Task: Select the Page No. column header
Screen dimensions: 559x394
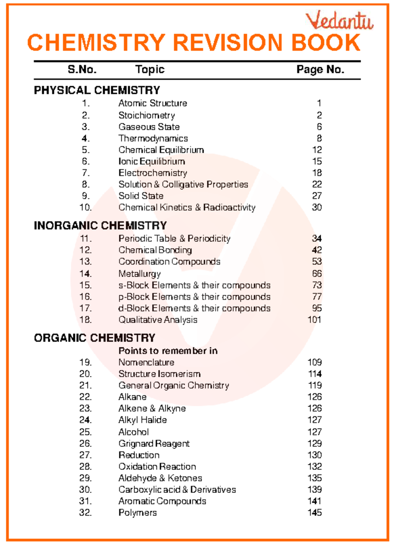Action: pos(320,70)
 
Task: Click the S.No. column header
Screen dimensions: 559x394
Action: pos(82,70)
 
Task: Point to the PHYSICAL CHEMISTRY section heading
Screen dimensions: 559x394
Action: pos(97,90)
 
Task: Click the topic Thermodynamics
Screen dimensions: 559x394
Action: pos(153,139)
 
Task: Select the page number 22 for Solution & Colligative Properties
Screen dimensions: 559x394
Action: pos(317,184)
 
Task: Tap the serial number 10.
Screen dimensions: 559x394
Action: pos(85,207)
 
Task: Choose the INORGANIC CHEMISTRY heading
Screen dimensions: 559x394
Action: pos(100,226)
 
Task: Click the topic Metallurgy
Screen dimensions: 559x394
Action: pos(140,274)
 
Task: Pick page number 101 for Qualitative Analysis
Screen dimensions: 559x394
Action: pos(314,320)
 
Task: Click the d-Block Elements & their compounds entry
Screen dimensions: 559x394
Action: pos(194,308)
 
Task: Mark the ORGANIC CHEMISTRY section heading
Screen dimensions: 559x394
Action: pos(95,338)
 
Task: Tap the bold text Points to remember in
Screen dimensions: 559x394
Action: pos(168,351)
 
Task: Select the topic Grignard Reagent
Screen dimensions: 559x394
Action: pos(154,444)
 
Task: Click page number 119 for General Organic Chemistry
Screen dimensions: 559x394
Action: pos(315,385)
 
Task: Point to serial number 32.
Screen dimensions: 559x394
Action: pos(85,513)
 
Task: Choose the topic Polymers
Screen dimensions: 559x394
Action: pos(138,513)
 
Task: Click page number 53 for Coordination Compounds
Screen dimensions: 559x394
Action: pos(317,262)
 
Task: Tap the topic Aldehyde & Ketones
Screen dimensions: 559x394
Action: pos(160,478)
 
